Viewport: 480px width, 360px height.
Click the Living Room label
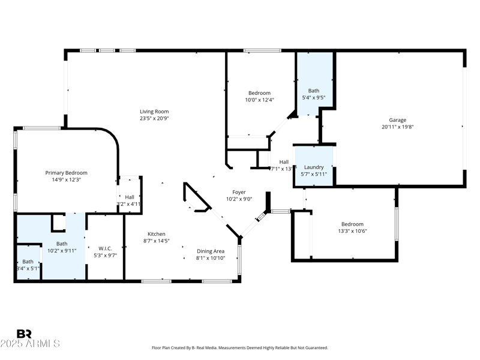pos(154,112)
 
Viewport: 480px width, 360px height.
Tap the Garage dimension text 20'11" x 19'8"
pos(398,127)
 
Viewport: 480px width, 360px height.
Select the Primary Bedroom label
pos(67,173)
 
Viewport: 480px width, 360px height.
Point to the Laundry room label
pos(314,167)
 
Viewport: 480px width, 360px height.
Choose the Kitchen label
pos(157,234)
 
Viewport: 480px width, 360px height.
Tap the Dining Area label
pos(211,251)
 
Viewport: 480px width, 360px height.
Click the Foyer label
pos(239,192)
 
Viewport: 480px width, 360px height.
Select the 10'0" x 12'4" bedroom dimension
pos(259,100)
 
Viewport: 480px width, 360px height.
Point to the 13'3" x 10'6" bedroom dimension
pos(352,231)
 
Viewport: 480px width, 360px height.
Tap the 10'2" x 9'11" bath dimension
pos(62,251)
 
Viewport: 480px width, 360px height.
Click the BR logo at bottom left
pos(24,334)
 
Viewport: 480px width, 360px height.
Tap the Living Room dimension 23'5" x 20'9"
pos(154,118)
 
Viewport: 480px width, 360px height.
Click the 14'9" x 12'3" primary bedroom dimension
pos(67,179)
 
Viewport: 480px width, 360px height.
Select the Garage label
pos(397,120)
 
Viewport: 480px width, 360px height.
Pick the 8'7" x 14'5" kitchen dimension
pos(157,241)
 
